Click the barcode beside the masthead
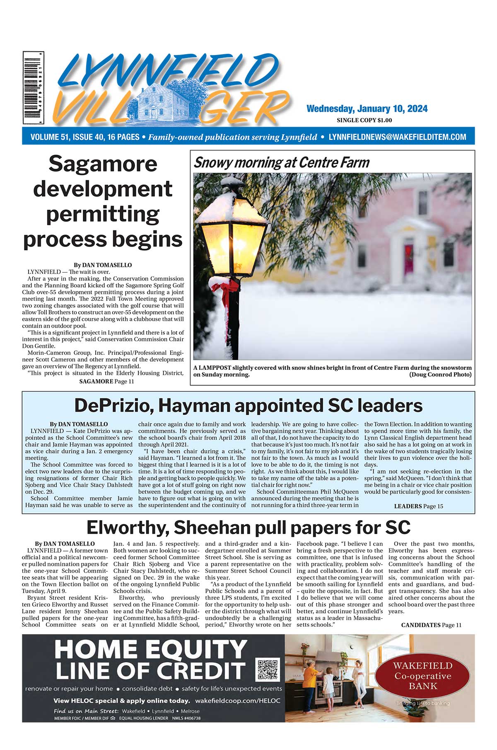[x=33, y=88]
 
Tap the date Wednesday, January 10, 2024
[x=367, y=109]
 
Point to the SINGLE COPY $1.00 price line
[x=364, y=120]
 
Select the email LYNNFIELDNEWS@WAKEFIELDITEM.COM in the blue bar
[x=397, y=137]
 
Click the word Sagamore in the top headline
[x=103, y=164]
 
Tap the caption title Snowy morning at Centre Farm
[x=282, y=163]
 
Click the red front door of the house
[x=409, y=257]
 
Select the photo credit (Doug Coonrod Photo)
[x=440, y=374]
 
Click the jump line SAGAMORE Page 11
[x=106, y=381]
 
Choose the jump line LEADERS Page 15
[x=418, y=506]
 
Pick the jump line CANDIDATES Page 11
[x=431, y=625]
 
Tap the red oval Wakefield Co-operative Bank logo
[x=423, y=676]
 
